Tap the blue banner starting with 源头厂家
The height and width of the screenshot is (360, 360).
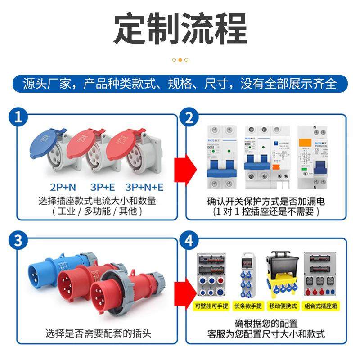[x=180, y=84]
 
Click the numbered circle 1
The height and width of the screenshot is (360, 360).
[x=18, y=118]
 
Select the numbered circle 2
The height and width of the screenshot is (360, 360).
[x=189, y=118]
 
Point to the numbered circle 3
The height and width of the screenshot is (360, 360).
[x=18, y=240]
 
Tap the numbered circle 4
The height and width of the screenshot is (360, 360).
[x=189, y=240]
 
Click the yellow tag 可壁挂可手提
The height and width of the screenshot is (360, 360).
[x=212, y=306]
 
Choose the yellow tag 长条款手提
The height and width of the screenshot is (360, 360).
[x=248, y=306]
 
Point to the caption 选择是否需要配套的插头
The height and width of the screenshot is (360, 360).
[x=98, y=333]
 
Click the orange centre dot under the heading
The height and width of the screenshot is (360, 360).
[x=180, y=60]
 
